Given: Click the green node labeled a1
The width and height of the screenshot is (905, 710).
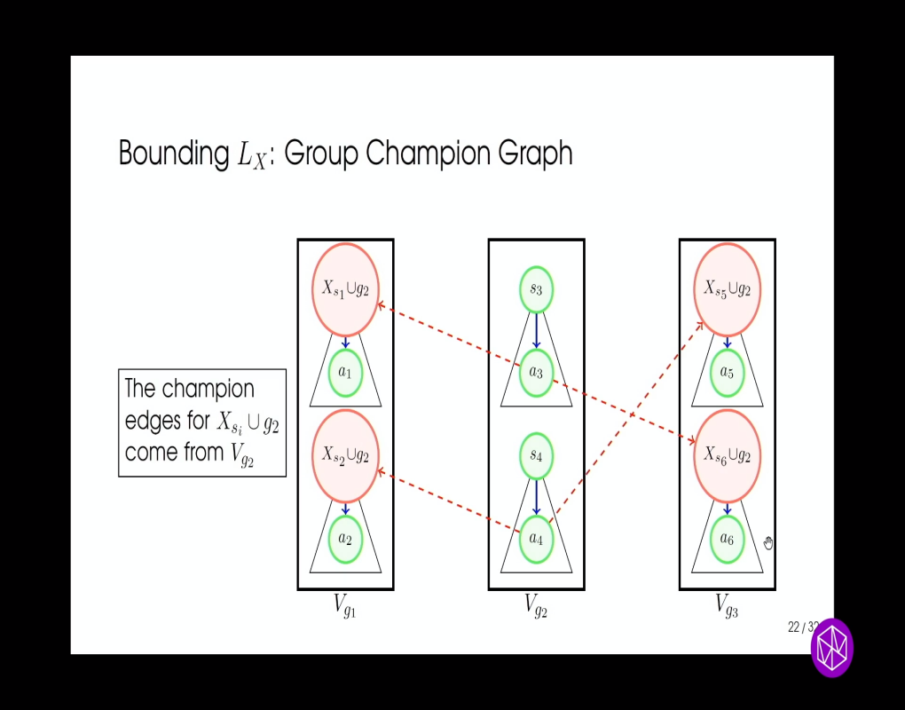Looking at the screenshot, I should [x=346, y=373].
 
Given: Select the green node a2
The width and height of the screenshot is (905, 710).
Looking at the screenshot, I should [x=346, y=539].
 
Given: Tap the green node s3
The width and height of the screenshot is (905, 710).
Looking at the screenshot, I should [x=536, y=289].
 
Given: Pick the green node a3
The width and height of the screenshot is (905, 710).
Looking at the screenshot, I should [x=536, y=372].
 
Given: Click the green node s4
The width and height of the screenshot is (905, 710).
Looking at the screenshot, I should [x=536, y=455].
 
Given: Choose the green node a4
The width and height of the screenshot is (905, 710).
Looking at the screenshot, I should [x=536, y=538].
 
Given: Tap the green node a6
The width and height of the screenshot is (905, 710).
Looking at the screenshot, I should [x=727, y=539].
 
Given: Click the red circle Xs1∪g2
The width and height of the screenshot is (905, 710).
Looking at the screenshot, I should [x=345, y=289].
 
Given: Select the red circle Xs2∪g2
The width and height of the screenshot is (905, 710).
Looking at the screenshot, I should [x=345, y=455].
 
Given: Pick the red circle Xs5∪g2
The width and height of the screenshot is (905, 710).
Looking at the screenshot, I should [x=727, y=289].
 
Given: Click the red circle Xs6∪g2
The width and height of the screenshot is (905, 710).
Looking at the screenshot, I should [x=727, y=455].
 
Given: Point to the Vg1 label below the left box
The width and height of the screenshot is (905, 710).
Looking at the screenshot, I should [x=345, y=606].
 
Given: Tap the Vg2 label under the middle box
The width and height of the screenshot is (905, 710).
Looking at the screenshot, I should [x=536, y=606].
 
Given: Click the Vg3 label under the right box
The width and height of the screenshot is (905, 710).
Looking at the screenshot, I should [x=727, y=606].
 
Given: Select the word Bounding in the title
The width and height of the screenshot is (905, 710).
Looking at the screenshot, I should [x=173, y=154].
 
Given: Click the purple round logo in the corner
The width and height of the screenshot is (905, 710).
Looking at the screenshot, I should [x=832, y=648].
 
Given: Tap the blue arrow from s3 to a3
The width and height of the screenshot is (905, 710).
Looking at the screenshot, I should [x=536, y=330].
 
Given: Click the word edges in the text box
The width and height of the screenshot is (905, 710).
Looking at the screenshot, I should [x=154, y=420].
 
